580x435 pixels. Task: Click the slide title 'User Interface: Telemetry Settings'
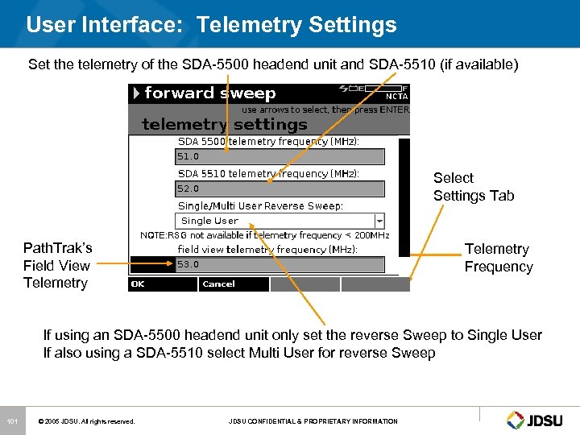(x=211, y=25)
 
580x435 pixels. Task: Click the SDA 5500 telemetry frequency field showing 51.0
(x=280, y=157)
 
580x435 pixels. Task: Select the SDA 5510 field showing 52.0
(x=280, y=189)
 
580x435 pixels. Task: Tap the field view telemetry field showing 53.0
(x=280, y=264)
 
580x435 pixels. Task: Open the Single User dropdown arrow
(x=379, y=221)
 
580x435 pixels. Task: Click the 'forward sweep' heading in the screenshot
(x=209, y=93)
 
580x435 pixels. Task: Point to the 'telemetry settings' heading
(x=225, y=124)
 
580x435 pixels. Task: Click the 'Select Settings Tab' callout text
(x=473, y=187)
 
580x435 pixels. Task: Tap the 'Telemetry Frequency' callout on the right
(x=498, y=258)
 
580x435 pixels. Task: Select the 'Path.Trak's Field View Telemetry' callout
(x=57, y=265)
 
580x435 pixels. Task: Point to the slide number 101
(x=11, y=420)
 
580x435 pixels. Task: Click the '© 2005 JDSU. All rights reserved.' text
(x=88, y=421)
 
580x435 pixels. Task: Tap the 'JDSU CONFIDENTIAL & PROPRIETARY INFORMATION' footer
(x=313, y=421)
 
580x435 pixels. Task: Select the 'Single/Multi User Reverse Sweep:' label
(x=260, y=205)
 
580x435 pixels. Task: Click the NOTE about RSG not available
(x=265, y=235)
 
